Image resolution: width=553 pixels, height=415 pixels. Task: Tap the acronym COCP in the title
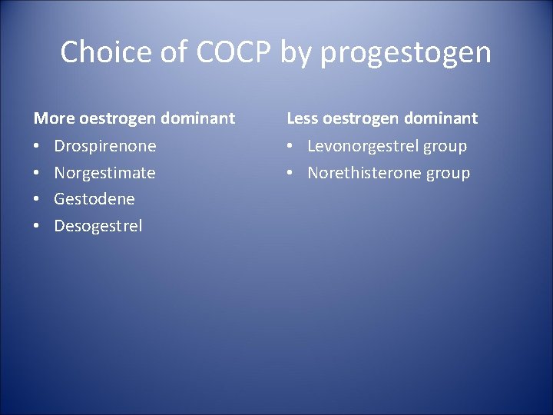[x=234, y=52]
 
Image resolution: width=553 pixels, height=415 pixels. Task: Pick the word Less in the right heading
[x=303, y=118]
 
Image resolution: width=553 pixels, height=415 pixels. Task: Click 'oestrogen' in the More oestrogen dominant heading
[x=118, y=118]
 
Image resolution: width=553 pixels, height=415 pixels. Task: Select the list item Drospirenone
[x=104, y=146]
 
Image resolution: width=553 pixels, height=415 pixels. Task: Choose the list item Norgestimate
[x=104, y=173]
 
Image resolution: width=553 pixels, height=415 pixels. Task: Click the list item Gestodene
[x=94, y=199]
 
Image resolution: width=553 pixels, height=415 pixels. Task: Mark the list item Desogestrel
[x=98, y=226]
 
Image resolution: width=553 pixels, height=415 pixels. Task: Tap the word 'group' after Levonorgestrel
[x=445, y=146]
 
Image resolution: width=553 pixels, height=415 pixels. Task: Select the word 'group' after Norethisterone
[x=448, y=173]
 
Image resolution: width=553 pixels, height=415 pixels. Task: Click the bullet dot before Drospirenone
[x=37, y=146]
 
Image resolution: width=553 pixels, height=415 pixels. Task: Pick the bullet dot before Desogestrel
[x=37, y=226]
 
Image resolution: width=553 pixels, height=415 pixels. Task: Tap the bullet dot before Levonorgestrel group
[x=291, y=146]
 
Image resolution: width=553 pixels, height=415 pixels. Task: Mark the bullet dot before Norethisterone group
[x=291, y=173]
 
